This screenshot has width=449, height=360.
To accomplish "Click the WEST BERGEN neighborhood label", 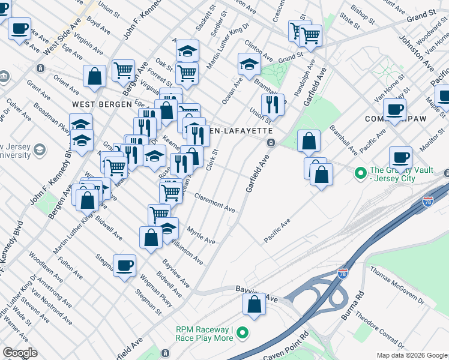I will click(x=101, y=104).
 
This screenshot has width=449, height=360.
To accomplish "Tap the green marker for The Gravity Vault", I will click(x=360, y=173).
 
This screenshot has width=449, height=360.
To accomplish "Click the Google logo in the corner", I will click(x=20, y=353).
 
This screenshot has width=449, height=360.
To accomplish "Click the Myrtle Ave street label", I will click(x=200, y=236).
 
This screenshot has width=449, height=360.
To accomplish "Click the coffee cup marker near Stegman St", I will click(x=124, y=265).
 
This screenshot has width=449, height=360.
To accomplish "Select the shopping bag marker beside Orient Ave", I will click(x=95, y=76).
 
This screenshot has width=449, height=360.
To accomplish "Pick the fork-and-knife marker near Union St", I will click(x=273, y=104).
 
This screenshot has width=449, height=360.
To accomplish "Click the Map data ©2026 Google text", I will click(x=411, y=355).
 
